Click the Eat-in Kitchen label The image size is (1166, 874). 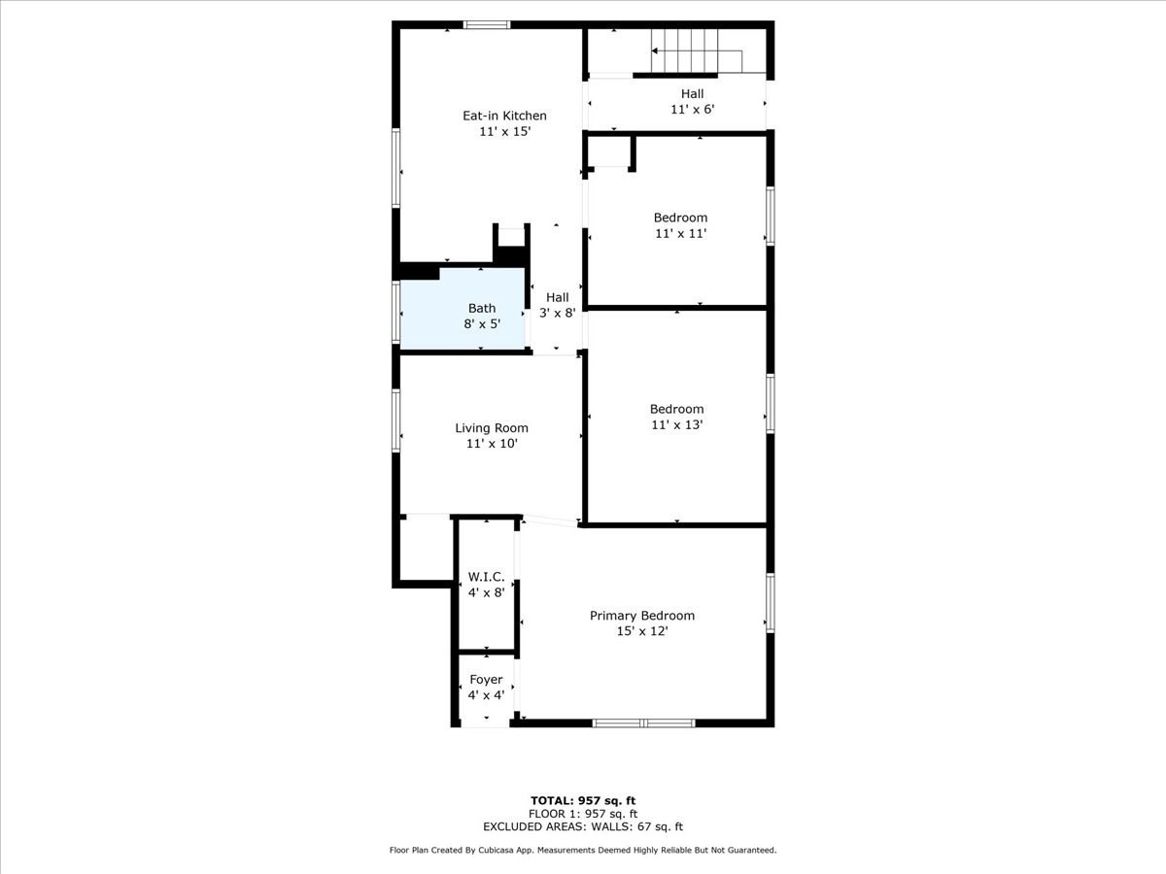tap(504, 116)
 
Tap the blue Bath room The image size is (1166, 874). tap(463, 308)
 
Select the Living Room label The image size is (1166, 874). tap(492, 428)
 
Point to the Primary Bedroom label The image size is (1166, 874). tap(642, 616)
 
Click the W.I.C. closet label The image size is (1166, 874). tap(486, 577)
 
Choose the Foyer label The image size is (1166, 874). tap(486, 680)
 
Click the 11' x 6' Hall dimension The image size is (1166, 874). tap(692, 110)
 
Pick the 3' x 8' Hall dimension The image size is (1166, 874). tap(558, 314)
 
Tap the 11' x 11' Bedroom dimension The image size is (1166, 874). tap(680, 234)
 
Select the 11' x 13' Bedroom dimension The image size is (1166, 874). tap(676, 424)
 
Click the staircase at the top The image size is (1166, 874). tap(686, 50)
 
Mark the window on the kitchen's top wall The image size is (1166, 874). tap(487, 25)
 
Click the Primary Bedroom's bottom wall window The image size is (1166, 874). tap(643, 723)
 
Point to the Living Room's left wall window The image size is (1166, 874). tap(396, 420)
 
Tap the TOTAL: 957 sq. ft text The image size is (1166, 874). tap(583, 800)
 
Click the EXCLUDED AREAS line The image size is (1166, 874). tap(583, 827)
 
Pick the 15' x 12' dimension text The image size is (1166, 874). tap(642, 631)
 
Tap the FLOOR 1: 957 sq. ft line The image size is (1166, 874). tap(583, 814)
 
